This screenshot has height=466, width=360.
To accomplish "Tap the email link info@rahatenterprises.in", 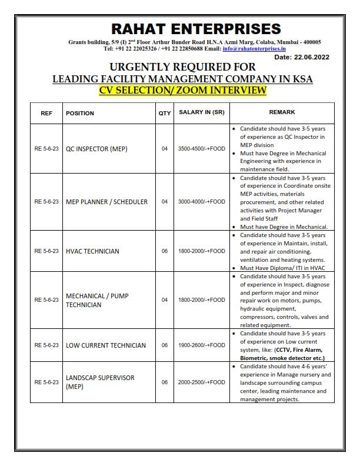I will click(253, 48).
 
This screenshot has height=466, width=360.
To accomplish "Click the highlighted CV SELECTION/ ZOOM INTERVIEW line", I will click(182, 90).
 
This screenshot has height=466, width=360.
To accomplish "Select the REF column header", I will click(46, 113).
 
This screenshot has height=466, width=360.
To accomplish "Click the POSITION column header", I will click(80, 113).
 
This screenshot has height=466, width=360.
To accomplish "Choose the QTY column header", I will click(165, 113).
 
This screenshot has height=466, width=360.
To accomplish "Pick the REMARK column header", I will click(282, 112).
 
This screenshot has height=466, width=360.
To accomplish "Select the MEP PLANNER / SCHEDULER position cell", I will click(106, 202).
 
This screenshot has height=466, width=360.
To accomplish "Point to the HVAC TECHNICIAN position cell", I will click(92, 251).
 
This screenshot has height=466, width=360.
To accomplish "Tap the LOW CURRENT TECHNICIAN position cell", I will click(105, 345).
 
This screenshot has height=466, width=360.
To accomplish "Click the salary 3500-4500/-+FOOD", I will click(201, 149).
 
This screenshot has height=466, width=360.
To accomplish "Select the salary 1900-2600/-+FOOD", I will click(201, 345).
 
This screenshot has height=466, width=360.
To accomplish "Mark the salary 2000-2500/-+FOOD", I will click(201, 382).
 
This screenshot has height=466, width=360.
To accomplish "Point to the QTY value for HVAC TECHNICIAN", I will click(165, 251).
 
